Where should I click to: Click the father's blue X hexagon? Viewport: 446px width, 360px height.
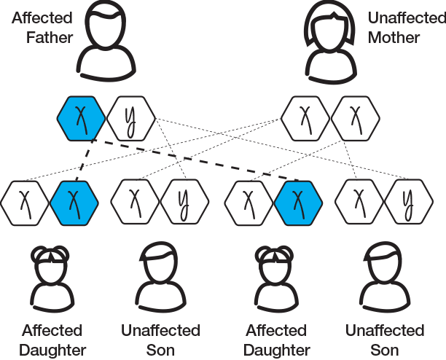82,118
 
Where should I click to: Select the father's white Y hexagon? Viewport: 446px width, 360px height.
131,118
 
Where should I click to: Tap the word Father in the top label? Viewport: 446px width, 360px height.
50,38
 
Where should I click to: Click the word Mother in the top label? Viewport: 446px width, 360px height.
394,38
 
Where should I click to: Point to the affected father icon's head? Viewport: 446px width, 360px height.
105,25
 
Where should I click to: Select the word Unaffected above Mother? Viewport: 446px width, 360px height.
407,18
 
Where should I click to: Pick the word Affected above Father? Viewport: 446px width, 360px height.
42,18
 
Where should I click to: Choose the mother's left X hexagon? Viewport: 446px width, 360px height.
305,118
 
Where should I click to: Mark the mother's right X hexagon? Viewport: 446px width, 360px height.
355,118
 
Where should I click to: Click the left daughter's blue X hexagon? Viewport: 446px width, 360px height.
74,203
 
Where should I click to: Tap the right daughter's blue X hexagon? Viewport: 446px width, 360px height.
298,203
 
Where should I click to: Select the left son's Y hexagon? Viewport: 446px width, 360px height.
184,202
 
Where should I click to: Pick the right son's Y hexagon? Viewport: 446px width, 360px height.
409,202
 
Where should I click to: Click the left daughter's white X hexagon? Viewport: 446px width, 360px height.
25,203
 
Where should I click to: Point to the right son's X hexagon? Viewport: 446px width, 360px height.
359,202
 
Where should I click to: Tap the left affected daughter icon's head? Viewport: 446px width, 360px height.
50,265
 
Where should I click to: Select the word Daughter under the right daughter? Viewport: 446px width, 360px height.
277,351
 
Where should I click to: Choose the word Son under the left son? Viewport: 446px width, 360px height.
160,351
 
